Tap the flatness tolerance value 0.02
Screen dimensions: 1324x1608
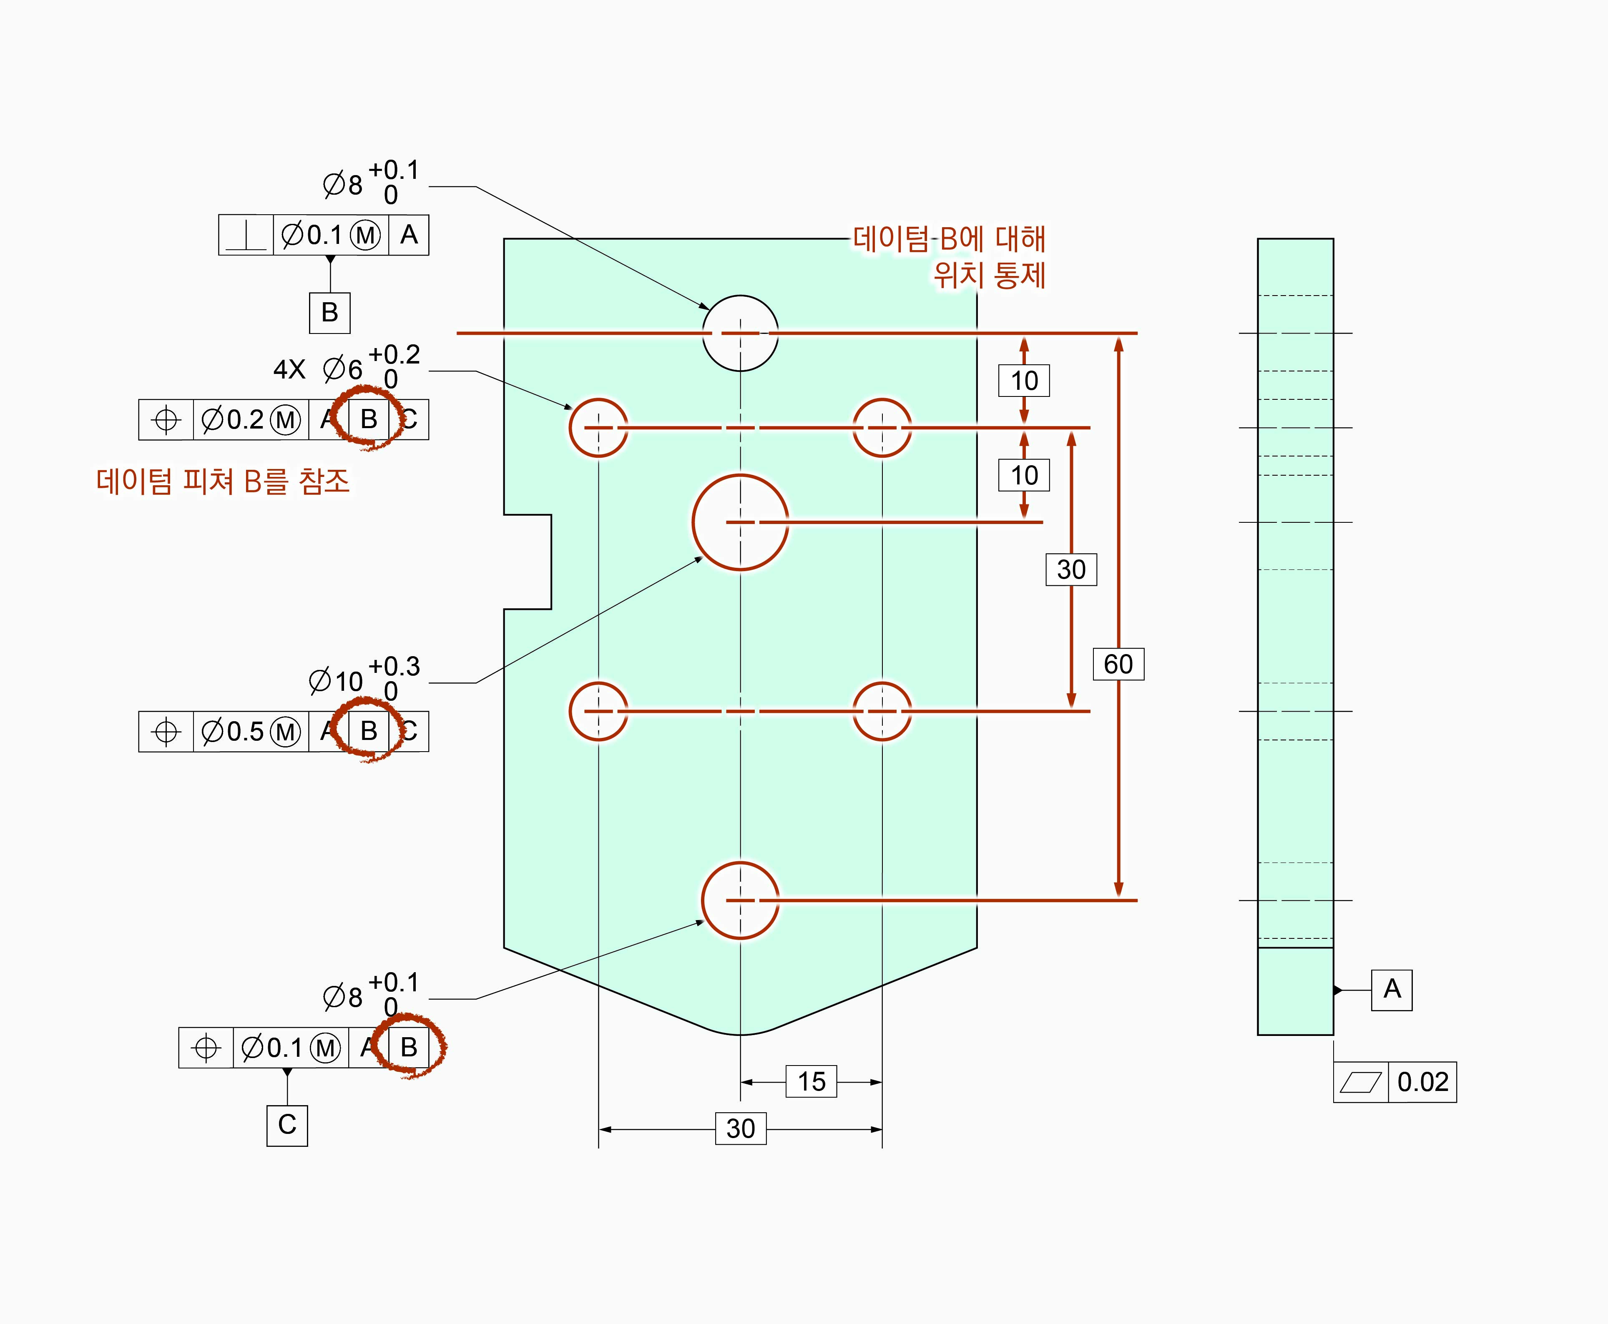tap(1422, 1081)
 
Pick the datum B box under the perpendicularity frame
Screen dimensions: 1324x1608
tap(329, 313)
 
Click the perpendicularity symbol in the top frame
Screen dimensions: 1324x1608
tap(246, 235)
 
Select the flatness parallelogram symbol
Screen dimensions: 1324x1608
tap(1360, 1081)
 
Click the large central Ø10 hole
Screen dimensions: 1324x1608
tap(740, 522)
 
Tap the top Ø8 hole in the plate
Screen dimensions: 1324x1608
tap(740, 333)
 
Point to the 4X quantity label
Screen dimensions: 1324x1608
tap(289, 370)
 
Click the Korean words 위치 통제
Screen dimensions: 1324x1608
tap(990, 275)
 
